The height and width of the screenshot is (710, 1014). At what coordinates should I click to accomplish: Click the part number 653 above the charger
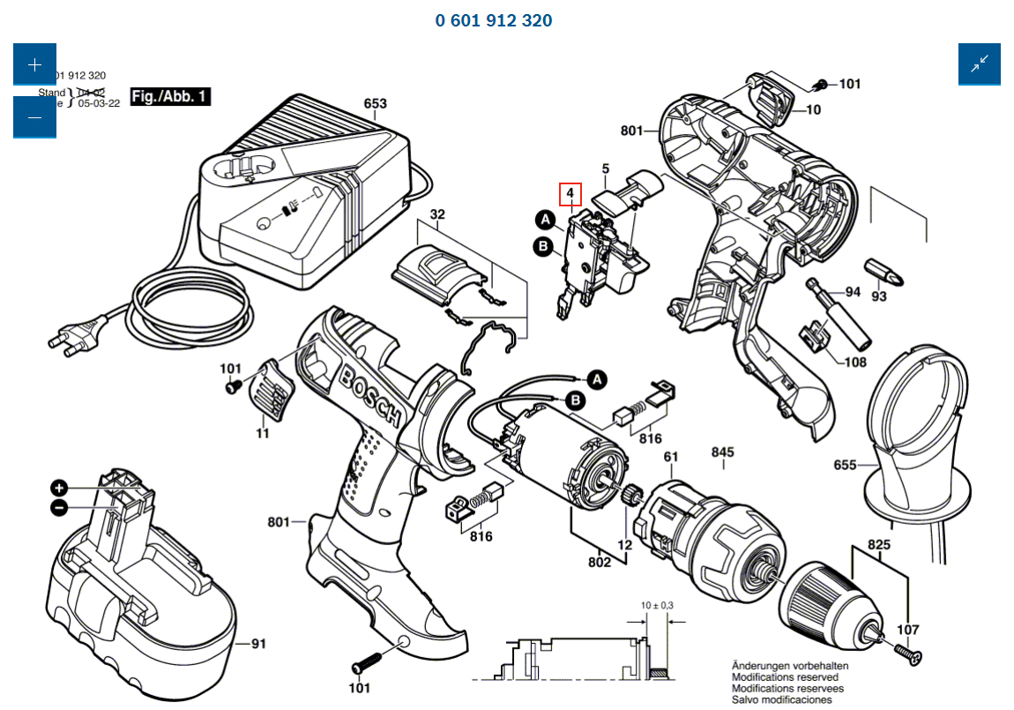click(375, 104)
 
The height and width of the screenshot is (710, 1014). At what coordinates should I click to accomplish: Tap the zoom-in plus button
click(34, 65)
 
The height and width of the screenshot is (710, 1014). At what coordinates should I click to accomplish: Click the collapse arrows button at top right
click(980, 64)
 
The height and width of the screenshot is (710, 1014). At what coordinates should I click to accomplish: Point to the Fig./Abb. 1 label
click(170, 96)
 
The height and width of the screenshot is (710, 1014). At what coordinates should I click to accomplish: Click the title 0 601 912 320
click(493, 20)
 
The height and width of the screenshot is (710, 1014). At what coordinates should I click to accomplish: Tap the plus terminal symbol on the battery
click(59, 488)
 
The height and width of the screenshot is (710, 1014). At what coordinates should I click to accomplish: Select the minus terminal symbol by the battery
click(59, 507)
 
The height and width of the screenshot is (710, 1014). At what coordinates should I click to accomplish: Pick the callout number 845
click(722, 453)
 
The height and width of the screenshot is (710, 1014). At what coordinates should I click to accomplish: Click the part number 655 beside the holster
click(845, 465)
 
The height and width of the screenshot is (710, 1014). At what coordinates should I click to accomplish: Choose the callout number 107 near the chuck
click(907, 630)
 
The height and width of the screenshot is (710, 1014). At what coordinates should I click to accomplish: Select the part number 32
click(437, 215)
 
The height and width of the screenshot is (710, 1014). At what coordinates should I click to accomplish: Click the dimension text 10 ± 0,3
click(656, 605)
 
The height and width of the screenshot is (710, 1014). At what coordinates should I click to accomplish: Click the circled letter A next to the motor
click(598, 379)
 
